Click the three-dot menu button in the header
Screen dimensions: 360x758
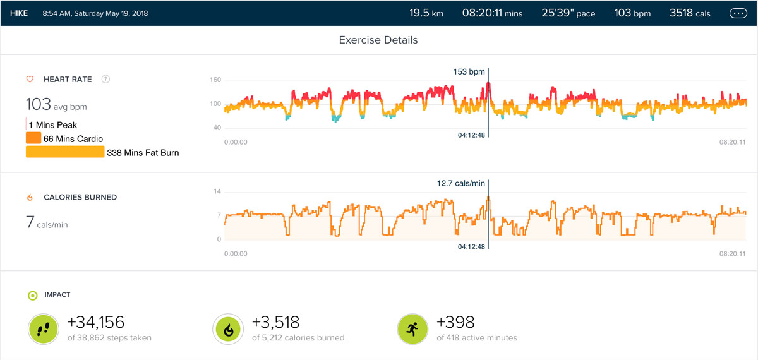[738, 13]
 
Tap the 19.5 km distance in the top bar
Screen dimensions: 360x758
[426, 13]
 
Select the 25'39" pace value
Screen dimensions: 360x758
[568, 13]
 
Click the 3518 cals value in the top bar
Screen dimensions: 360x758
[693, 13]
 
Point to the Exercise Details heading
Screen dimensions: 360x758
[378, 40]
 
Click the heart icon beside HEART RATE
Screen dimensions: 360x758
[30, 80]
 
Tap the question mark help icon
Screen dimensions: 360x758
[105, 80]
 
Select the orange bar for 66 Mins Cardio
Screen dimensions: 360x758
[33, 138]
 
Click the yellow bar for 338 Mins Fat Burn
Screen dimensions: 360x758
[65, 152]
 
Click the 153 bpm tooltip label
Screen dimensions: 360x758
[469, 71]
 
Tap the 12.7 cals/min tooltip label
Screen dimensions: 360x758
[461, 183]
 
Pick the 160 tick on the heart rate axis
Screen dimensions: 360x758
[215, 80]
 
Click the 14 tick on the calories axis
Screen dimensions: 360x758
[218, 191]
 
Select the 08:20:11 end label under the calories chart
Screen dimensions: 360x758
[733, 253]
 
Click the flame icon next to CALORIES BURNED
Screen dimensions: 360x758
[30, 198]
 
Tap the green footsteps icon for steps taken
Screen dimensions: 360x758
[44, 329]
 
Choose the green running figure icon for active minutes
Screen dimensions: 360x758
[412, 329]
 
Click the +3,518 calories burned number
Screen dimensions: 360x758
[275, 323]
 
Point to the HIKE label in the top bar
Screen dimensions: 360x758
[19, 13]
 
